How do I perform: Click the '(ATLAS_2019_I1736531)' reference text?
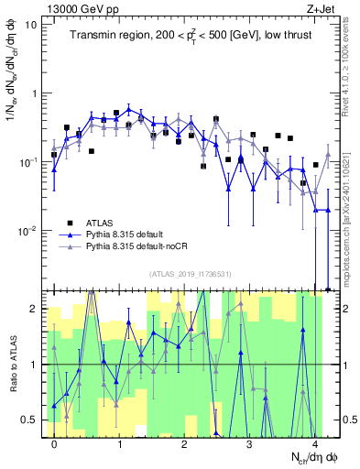pos(191,274)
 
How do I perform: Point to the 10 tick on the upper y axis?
pos(32,24)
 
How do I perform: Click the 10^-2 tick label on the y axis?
pos(27,231)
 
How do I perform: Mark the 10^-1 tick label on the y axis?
pos(27,162)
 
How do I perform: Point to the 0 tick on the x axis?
pos(55,443)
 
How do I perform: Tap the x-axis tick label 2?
pos(184,443)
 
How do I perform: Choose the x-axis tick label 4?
pos(314,443)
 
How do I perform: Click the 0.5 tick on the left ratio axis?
pos(31,420)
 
